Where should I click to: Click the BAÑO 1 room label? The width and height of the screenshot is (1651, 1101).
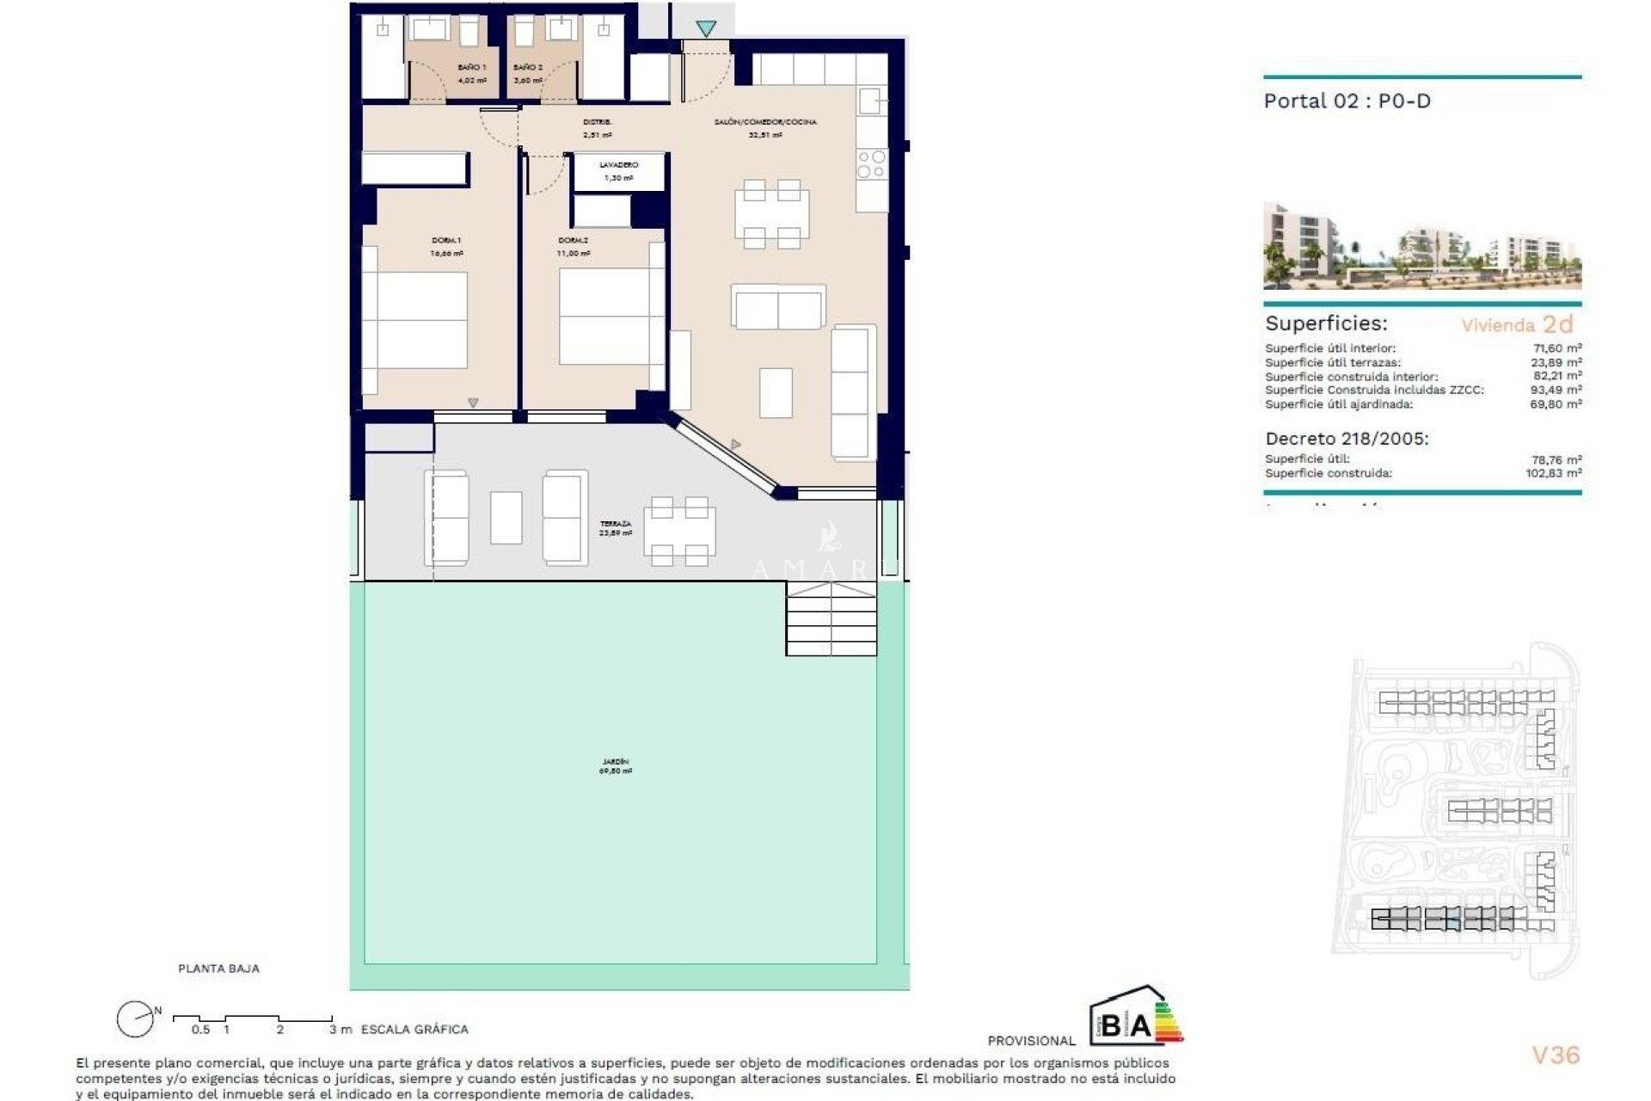[471, 67]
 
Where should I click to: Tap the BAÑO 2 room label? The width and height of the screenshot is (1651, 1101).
[527, 67]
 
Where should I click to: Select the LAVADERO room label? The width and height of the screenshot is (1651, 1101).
[619, 164]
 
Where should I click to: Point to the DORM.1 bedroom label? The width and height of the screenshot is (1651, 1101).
[445, 241]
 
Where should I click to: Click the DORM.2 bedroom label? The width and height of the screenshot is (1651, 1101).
[573, 241]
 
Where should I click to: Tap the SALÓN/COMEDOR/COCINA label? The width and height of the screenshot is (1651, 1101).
[765, 122]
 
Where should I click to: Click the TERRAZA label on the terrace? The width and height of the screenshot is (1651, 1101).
[616, 523]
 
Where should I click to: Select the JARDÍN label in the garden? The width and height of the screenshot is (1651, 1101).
[616, 762]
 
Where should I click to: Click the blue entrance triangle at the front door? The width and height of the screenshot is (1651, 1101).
[706, 29]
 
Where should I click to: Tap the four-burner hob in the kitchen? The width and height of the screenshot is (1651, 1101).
[871, 163]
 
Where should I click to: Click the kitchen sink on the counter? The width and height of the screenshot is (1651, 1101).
[870, 101]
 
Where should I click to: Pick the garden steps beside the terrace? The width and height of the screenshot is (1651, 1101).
[831, 618]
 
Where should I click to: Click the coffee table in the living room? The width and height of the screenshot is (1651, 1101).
[776, 392]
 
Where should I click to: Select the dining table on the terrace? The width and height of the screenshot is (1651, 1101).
[679, 531]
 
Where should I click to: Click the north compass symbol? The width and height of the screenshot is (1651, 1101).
[135, 1020]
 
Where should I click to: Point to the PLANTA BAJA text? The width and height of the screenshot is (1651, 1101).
[218, 969]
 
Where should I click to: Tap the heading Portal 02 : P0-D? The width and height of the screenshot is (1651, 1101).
[1347, 101]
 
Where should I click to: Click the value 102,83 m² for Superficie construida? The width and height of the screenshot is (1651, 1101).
[1553, 473]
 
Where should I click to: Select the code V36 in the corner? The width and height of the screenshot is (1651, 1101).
[1556, 1055]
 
